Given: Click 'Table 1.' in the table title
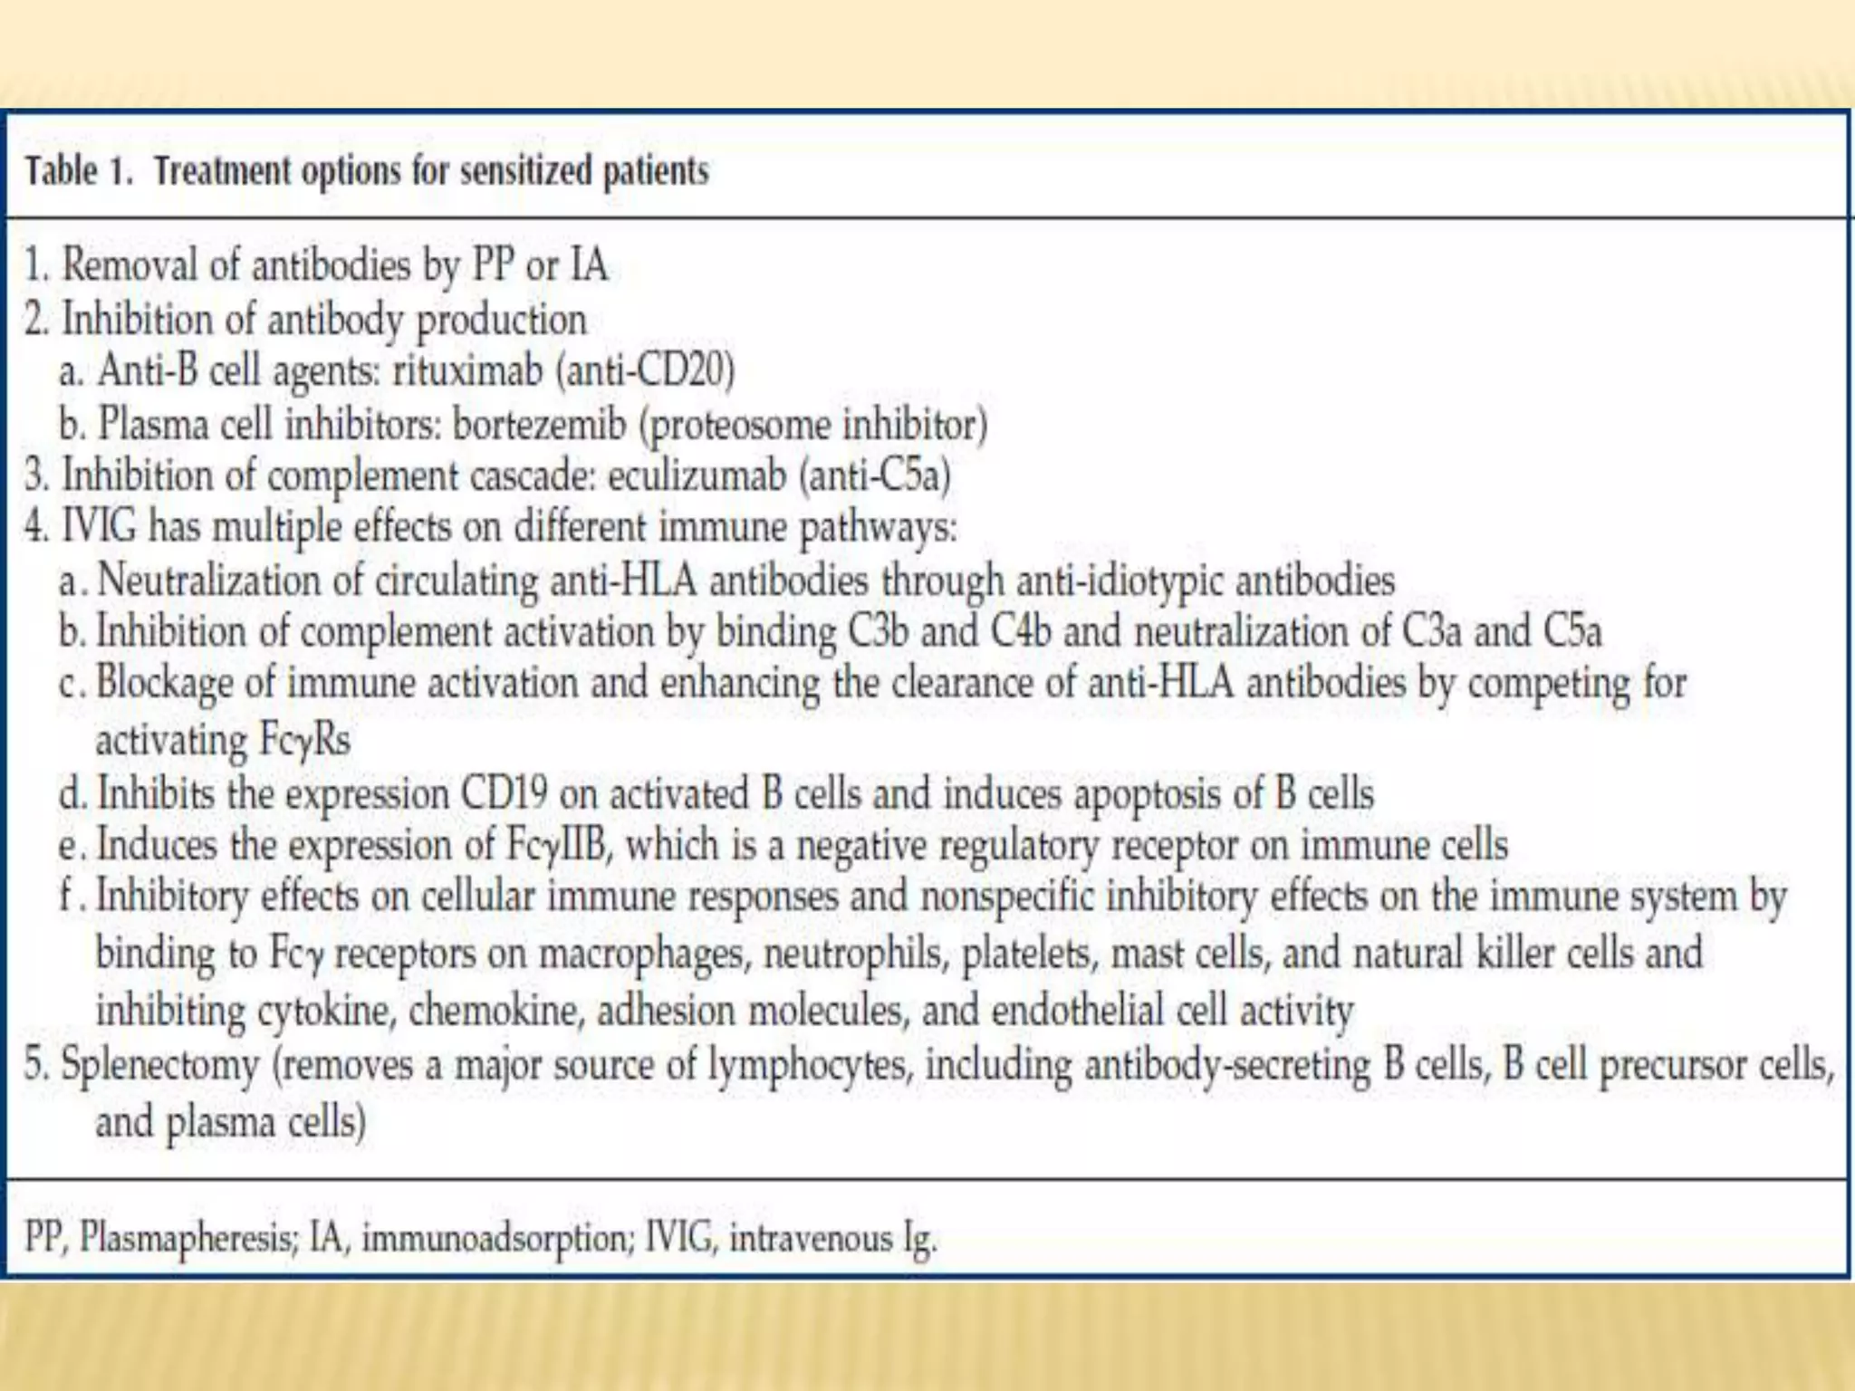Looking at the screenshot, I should click(x=79, y=170).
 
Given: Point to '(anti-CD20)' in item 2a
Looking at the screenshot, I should click(x=645, y=370).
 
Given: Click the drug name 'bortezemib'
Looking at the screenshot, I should click(x=539, y=424).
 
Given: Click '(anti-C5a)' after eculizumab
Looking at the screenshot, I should click(x=875, y=475).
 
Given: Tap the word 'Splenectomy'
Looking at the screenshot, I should click(x=160, y=1064).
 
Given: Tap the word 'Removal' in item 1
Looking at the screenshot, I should click(x=129, y=265).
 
